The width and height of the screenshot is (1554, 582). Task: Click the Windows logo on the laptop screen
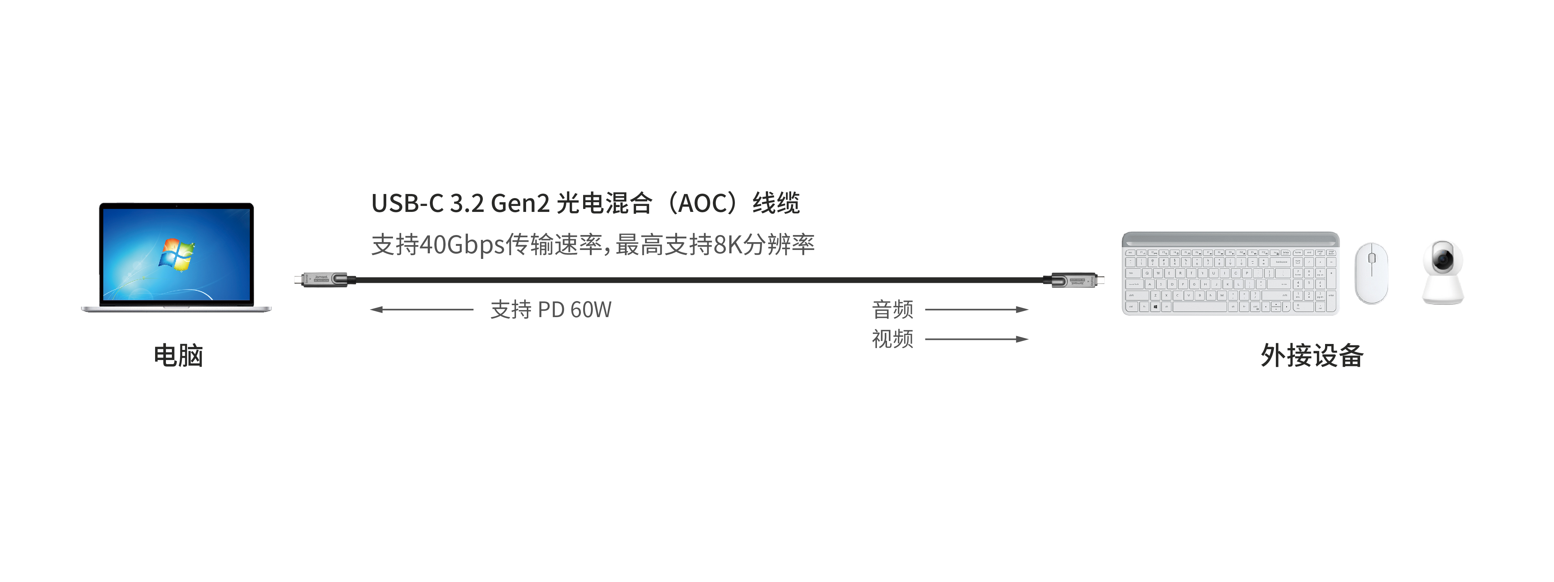[x=176, y=254]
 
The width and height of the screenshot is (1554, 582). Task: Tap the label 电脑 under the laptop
[x=178, y=355]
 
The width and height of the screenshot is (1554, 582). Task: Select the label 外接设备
[x=1312, y=355]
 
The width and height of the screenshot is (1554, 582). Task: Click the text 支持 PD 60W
[x=550, y=310]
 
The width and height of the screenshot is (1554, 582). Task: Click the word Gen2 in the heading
[x=520, y=203]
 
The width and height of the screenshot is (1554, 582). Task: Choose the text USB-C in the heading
[x=407, y=203]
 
